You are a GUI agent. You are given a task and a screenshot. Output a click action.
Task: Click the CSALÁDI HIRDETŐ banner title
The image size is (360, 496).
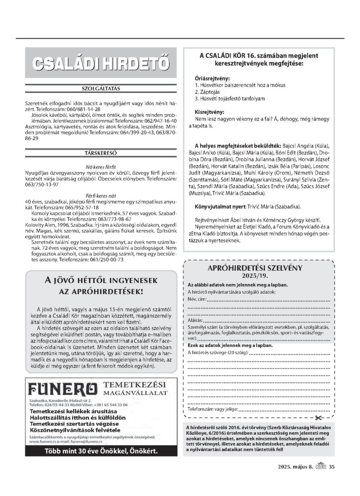click(x=101, y=64)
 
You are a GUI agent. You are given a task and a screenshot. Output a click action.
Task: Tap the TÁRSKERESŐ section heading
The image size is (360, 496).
click(x=101, y=153)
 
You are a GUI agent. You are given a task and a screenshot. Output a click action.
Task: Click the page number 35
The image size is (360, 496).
click(x=332, y=466)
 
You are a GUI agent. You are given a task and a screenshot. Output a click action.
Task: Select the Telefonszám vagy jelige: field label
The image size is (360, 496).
click(x=211, y=410)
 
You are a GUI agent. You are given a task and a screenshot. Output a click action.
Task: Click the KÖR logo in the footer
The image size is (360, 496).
click(x=320, y=466)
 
